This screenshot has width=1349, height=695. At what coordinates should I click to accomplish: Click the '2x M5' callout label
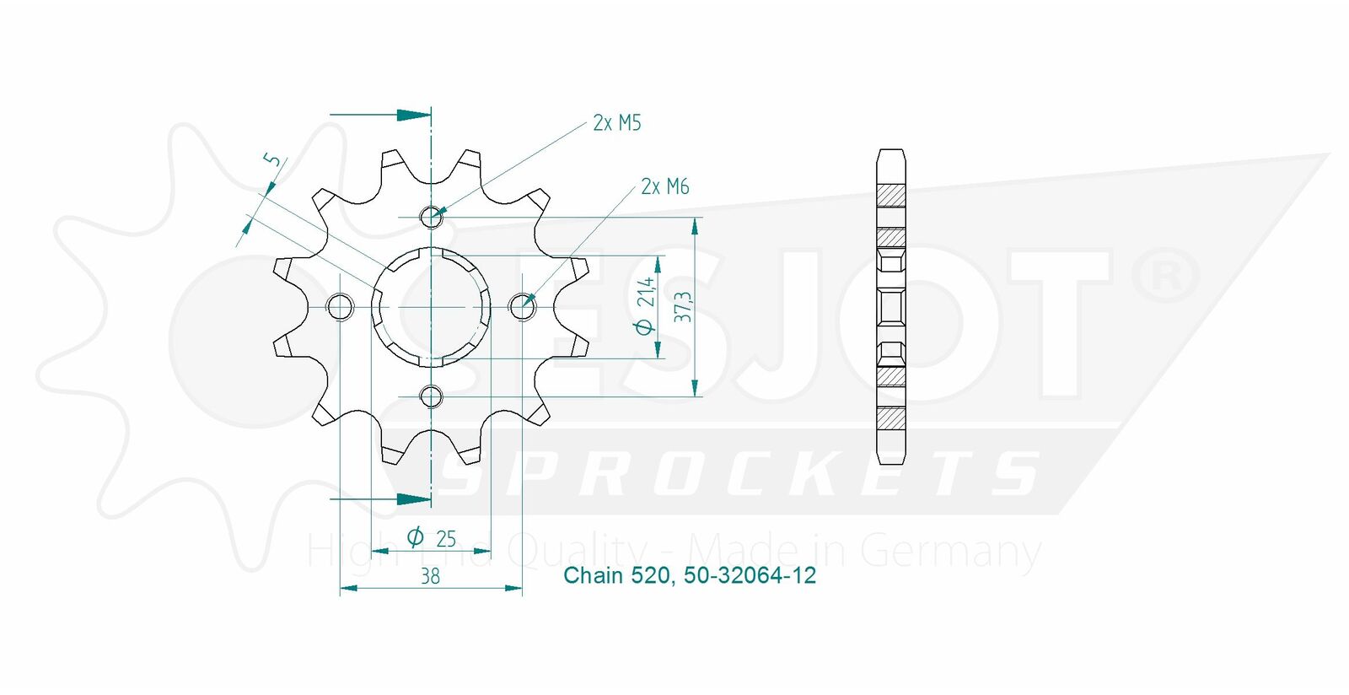click(x=616, y=123)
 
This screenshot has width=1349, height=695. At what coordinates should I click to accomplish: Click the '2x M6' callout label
click(x=665, y=186)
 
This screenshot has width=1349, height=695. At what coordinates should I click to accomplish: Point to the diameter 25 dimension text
click(x=431, y=537)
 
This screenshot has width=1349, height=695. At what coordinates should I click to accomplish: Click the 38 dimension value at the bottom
click(x=430, y=577)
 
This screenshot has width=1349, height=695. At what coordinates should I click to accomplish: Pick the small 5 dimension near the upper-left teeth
click(x=272, y=159)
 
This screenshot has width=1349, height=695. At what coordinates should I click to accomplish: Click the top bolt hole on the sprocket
click(x=431, y=217)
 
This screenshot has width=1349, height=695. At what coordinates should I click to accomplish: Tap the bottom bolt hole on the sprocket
click(x=431, y=397)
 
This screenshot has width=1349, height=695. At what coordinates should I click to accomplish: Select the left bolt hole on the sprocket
click(x=340, y=307)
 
